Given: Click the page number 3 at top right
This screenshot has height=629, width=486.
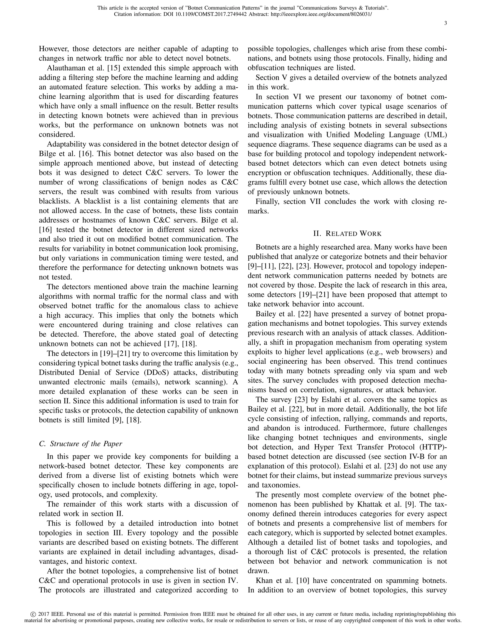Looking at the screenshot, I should [445, 23].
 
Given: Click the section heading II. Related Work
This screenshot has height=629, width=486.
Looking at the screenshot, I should [347, 233].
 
